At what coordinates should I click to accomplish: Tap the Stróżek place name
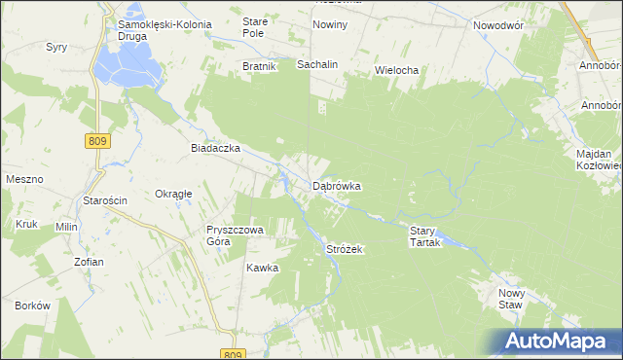(x=344, y=250)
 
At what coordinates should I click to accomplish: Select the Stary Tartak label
(x=425, y=236)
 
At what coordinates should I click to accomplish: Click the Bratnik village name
(x=260, y=66)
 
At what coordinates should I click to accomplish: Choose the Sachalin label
(x=317, y=64)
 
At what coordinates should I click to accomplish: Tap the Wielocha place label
(x=396, y=71)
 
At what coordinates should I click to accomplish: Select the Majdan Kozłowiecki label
(x=594, y=161)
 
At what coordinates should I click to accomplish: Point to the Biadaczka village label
(x=215, y=149)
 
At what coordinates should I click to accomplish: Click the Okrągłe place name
(x=173, y=194)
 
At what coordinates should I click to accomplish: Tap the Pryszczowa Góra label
(x=230, y=236)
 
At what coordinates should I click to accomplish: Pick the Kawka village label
(x=262, y=268)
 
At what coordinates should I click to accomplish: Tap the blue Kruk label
(x=25, y=225)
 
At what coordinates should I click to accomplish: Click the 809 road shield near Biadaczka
(x=98, y=141)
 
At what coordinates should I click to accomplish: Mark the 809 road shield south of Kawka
(x=230, y=354)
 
